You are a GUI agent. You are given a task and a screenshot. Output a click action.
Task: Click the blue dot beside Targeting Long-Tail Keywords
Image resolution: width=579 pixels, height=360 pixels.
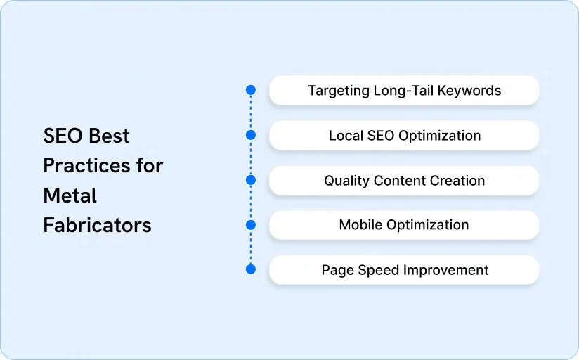click(251, 90)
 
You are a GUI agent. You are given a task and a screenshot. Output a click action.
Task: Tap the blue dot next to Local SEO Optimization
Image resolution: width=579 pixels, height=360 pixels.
click(251, 135)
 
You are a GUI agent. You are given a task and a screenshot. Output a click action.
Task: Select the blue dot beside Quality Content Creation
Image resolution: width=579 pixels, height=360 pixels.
click(251, 180)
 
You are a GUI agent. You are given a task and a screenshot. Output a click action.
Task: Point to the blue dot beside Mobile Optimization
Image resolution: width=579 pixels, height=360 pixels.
click(251, 225)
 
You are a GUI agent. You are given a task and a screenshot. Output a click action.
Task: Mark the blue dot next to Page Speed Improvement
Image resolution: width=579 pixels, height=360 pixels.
click(251, 269)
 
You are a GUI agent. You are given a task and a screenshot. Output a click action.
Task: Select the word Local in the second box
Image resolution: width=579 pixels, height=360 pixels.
click(344, 136)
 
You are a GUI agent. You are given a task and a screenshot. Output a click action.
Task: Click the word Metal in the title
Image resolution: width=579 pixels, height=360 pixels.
click(70, 195)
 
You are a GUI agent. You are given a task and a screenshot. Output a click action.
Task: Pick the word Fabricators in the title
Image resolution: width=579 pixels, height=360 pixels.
click(97, 225)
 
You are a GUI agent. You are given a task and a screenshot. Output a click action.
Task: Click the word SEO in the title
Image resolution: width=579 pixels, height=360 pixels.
click(60, 135)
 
